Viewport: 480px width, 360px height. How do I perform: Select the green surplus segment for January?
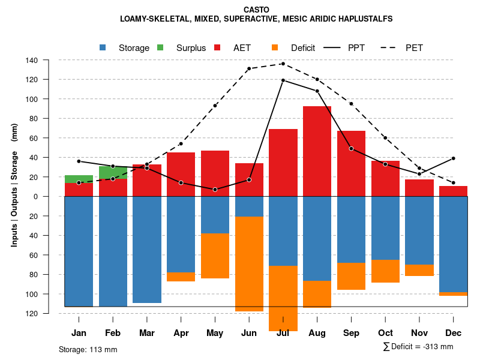click(x=79, y=179)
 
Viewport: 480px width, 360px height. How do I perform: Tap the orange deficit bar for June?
click(x=249, y=264)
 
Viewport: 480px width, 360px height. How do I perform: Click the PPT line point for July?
click(x=283, y=80)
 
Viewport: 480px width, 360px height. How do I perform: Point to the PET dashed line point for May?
click(x=215, y=106)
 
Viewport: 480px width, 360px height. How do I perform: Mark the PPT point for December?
click(x=453, y=158)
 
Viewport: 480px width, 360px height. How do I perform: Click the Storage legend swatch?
click(x=103, y=48)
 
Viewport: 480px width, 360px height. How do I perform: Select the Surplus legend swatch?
click(x=160, y=48)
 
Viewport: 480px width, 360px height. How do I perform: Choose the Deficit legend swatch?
click(x=275, y=48)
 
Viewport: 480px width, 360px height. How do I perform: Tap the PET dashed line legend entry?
click(x=394, y=48)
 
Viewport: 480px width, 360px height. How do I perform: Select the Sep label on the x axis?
click(x=351, y=333)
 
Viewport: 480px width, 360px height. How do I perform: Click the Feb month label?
click(x=113, y=333)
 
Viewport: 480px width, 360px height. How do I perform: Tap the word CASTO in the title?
click(x=256, y=10)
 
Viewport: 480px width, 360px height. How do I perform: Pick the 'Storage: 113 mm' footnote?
click(x=88, y=349)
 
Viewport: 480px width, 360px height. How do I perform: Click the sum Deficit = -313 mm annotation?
click(x=418, y=346)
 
